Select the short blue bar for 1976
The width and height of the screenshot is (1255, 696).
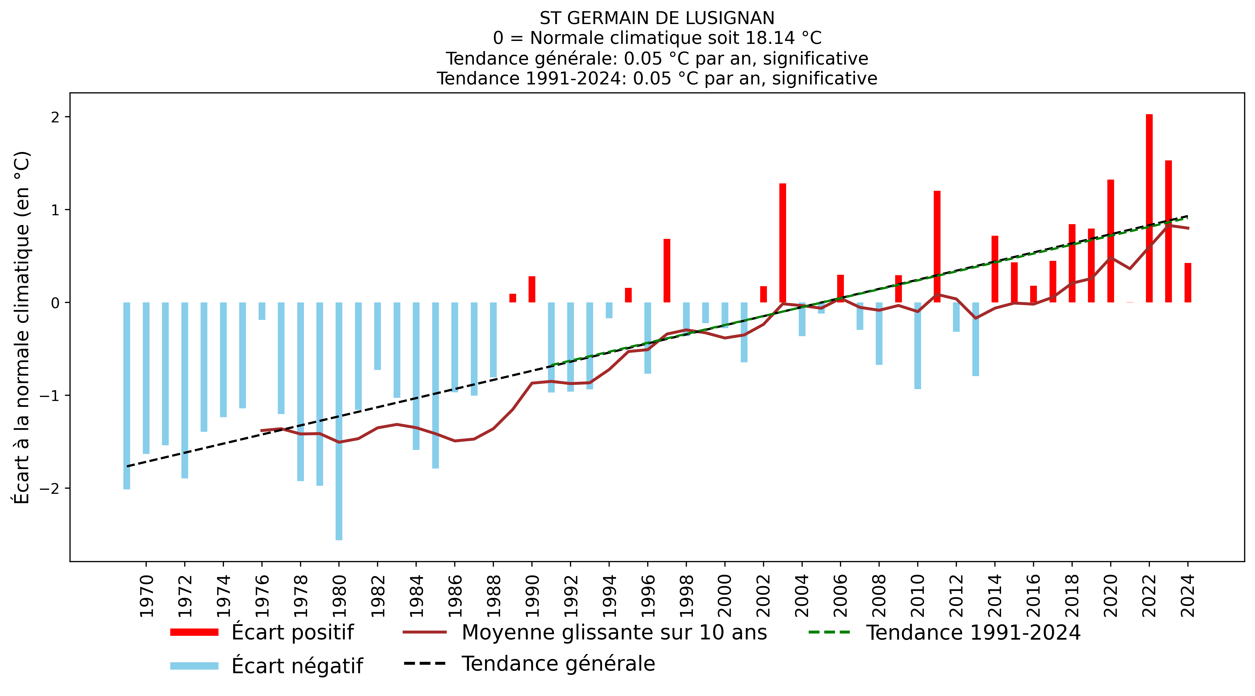[262, 311]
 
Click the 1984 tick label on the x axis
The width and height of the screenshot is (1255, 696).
[416, 596]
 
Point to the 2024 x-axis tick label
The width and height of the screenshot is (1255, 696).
[1188, 596]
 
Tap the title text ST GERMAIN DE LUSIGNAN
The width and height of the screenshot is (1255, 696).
[657, 18]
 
